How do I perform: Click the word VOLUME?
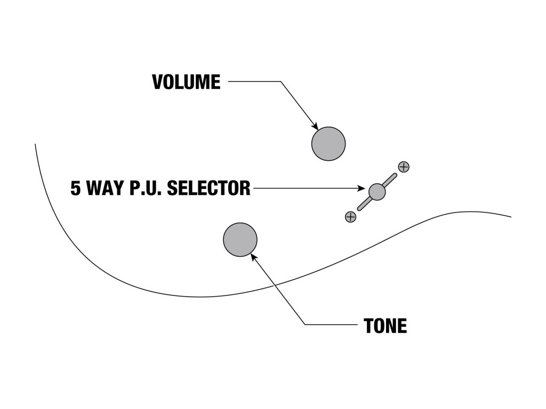[x=186, y=82]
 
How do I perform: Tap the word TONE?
[x=385, y=325]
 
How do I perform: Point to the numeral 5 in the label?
[x=76, y=188]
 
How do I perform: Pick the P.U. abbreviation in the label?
[x=147, y=188]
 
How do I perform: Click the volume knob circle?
[x=328, y=144]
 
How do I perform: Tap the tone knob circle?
[x=240, y=240]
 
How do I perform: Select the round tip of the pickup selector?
[x=377, y=191]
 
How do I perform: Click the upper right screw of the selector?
[x=404, y=167]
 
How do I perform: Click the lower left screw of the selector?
[x=350, y=216]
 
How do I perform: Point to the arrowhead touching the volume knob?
[x=315, y=127]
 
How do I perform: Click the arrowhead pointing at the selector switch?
[x=363, y=188]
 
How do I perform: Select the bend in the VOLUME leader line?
[x=280, y=81]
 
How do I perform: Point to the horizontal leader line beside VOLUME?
[x=254, y=81]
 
